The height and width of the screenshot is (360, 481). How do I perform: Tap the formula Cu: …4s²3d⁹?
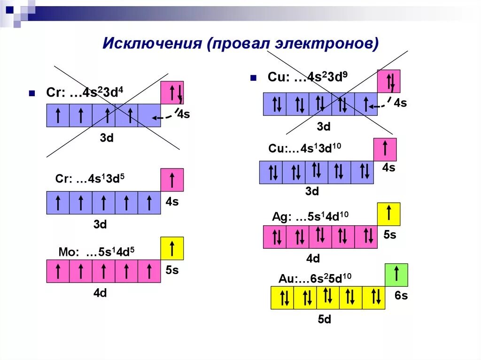(x=308, y=77)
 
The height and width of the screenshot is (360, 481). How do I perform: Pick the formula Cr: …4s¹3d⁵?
(x=90, y=179)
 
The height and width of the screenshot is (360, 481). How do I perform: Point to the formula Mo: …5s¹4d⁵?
(x=96, y=251)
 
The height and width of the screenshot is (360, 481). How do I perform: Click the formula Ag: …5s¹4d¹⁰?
(x=310, y=217)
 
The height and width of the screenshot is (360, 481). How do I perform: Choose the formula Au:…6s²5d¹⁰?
(x=315, y=278)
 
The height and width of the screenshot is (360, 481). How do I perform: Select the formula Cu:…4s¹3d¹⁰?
(x=305, y=148)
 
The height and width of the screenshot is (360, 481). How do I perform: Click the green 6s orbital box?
(x=396, y=275)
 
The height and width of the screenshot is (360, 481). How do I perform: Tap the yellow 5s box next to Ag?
(x=389, y=214)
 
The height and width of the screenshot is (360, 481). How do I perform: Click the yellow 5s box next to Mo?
(x=172, y=248)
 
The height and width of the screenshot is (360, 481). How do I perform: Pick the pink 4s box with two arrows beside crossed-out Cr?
(x=172, y=92)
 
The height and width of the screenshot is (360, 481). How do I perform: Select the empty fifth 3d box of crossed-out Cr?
(x=149, y=115)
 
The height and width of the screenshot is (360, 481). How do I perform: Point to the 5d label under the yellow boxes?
(x=325, y=320)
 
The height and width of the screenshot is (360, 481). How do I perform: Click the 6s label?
(x=401, y=296)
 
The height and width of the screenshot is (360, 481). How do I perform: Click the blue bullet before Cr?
(x=32, y=93)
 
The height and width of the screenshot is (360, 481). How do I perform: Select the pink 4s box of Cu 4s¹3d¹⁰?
(x=385, y=150)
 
